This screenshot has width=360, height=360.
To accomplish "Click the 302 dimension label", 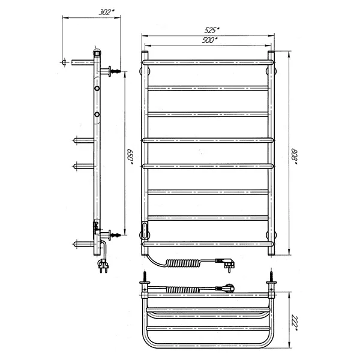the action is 107,12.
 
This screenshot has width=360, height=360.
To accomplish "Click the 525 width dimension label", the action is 212,30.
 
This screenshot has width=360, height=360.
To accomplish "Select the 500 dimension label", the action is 209,40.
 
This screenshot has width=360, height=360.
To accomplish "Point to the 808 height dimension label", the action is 294,157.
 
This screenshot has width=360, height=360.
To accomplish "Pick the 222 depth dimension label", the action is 294,323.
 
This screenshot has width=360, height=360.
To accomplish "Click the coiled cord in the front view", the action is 183,263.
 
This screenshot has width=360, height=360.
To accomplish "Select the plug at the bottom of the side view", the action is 103,266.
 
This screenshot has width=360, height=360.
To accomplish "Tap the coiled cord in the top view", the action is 182,290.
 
